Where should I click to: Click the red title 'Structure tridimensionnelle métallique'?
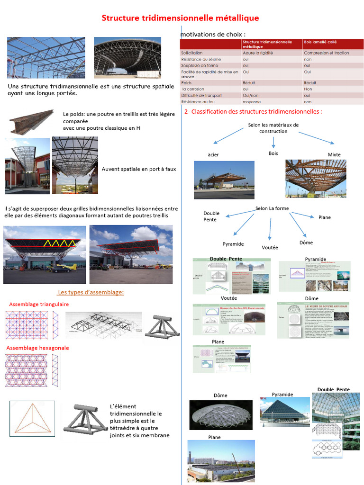[181, 18]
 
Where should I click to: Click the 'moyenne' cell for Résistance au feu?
[252, 101]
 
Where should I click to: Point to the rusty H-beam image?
[31, 121]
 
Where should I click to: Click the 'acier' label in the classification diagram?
[213, 155]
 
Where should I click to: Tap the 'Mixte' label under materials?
[334, 155]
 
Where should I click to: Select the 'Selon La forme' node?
[272, 208]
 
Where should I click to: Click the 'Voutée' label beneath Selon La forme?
[270, 248]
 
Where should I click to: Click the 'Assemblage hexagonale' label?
[38, 348]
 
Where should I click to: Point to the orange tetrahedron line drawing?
[32, 419]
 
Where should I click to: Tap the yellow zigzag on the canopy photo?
[56, 244]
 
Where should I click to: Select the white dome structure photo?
[221, 415]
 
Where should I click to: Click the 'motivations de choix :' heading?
[213, 35]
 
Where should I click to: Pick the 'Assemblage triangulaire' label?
[39, 304]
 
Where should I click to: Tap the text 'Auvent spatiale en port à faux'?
[139, 169]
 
